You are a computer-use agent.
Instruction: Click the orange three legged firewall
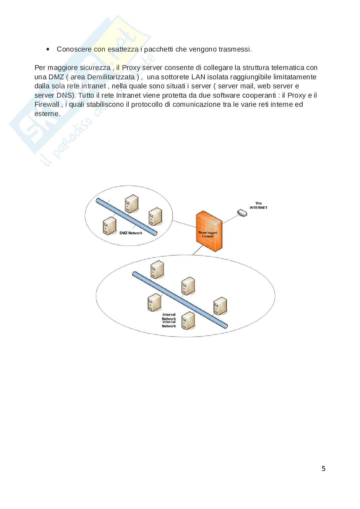click(x=209, y=231)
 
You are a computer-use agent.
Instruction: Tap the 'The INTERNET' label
click(x=258, y=205)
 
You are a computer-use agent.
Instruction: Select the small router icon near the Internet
click(x=242, y=213)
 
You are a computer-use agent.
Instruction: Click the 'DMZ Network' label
click(x=131, y=233)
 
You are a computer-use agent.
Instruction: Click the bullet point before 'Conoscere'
click(x=48, y=49)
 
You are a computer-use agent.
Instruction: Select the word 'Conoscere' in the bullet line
click(x=74, y=49)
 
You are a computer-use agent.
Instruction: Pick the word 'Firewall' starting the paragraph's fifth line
click(x=47, y=104)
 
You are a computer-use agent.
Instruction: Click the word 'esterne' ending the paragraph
click(x=46, y=113)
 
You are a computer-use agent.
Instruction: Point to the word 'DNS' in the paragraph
click(x=64, y=95)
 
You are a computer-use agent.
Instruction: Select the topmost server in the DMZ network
click(x=132, y=204)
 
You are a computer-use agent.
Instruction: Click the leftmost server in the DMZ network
click(x=110, y=226)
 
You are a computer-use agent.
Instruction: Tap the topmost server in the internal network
click(x=157, y=269)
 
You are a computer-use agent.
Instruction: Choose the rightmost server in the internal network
click(x=220, y=306)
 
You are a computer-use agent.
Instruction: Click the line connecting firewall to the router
click(x=230, y=219)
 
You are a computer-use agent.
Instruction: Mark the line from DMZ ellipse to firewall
click(x=185, y=224)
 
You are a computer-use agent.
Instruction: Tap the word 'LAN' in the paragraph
click(x=198, y=77)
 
